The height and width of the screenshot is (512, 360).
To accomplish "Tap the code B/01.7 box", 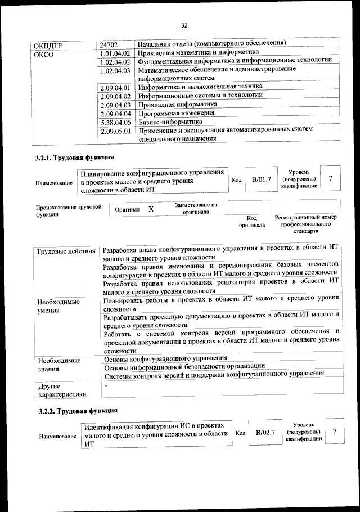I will pos(262,179).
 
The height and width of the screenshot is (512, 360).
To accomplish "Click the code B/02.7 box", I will pos(265,432).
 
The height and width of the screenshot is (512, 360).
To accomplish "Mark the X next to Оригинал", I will pos(151,209).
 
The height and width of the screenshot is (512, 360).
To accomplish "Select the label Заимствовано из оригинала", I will pos(196,209).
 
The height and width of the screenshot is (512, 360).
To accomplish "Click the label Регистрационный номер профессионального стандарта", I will pos(305,224).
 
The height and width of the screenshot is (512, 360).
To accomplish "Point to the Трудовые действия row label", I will pos(66,251).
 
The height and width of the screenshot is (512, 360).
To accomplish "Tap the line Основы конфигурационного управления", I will pos(166,358).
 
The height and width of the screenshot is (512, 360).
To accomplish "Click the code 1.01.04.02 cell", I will pos(115,53).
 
